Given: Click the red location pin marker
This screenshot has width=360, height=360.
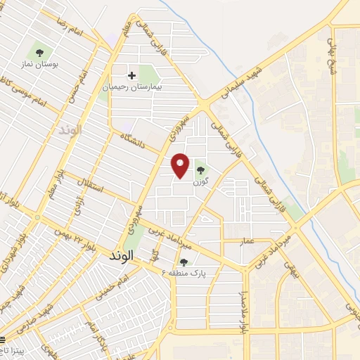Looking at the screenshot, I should click(181, 165).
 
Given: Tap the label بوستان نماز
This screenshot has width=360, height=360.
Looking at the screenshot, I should click(37, 65).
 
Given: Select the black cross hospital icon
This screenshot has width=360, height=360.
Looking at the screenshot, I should click(131, 75).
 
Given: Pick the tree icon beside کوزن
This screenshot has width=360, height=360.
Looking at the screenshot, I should click(200, 168).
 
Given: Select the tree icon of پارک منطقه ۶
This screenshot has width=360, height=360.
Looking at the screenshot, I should click(184, 262).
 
